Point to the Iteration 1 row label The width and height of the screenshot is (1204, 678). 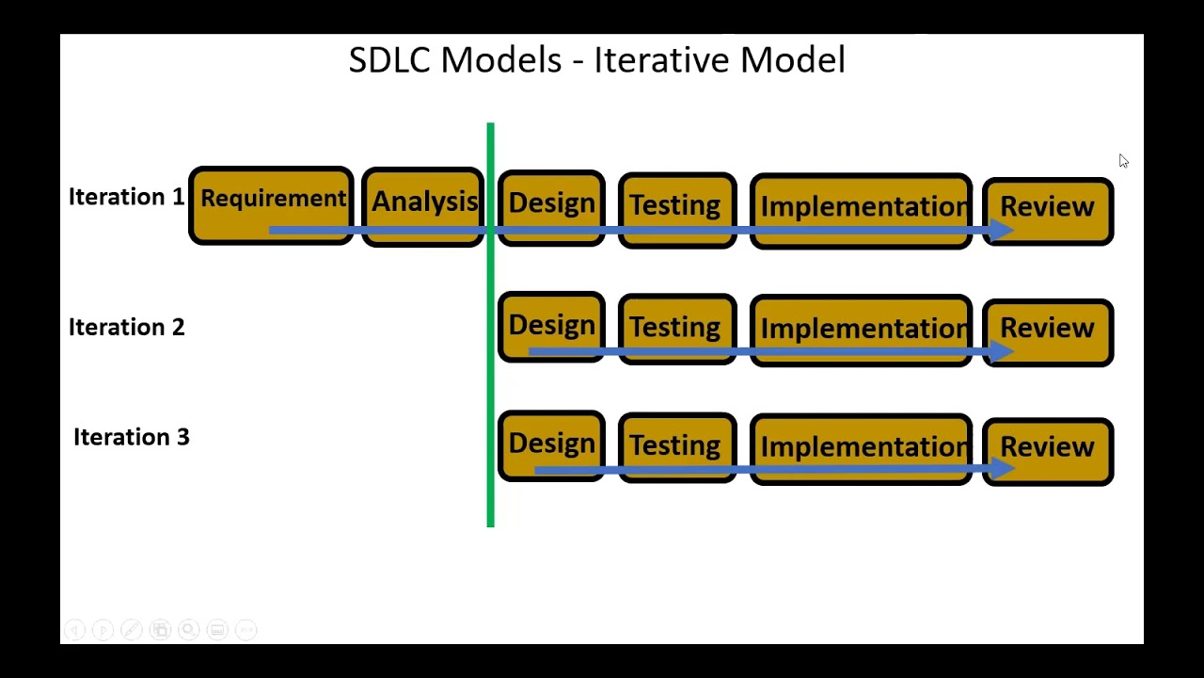click(x=126, y=197)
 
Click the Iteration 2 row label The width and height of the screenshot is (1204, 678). click(x=126, y=327)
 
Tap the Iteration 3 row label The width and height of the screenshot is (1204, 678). click(x=131, y=437)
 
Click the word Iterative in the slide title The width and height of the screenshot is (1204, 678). click(x=661, y=60)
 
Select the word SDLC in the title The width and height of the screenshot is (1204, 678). click(x=388, y=60)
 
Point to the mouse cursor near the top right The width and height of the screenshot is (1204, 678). click(x=1122, y=161)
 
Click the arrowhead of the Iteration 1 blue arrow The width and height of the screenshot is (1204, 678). click(x=1001, y=230)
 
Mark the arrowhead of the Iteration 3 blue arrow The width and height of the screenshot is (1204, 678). click(x=1001, y=468)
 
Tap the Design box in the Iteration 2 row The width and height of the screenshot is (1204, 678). click(x=551, y=327)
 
